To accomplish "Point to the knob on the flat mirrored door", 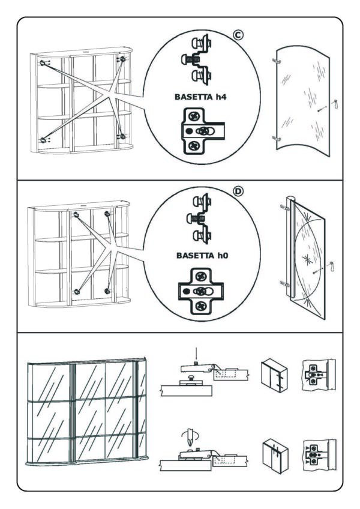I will [x=332, y=265].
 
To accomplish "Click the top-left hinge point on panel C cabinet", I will [x=43, y=62].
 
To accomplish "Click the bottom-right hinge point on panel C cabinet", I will [x=123, y=136].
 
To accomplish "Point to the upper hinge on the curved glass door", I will [x=275, y=61].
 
